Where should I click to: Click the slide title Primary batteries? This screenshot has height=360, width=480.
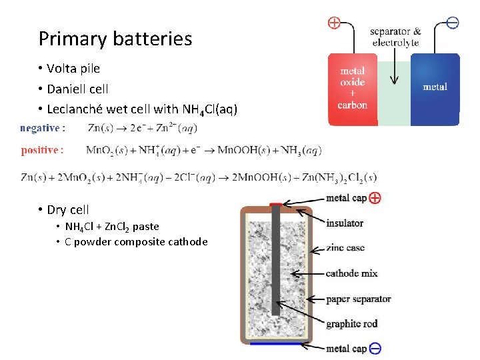pos(115,39)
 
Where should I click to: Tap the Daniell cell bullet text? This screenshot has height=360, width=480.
pos(77,89)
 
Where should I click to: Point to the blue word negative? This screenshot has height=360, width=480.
pos(43,127)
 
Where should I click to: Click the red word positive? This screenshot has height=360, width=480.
pos(42,150)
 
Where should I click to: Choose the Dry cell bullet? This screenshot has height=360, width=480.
pos(67,210)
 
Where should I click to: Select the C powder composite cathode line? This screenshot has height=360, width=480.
pos(136,241)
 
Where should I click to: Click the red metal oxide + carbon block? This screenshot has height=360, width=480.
pos(353,89)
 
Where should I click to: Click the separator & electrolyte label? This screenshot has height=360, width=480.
pos(396,37)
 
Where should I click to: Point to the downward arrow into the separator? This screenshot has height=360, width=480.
pos(394,70)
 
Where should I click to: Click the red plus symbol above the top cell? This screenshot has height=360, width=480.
pos(333,23)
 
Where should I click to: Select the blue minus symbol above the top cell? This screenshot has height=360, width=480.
pos(452,23)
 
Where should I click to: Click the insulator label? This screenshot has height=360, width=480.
pos(345,223)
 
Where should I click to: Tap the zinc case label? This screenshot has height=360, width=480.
pos(345,248)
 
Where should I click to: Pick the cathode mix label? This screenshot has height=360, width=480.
pos(351,273)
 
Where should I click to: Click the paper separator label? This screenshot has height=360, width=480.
pos(358,299)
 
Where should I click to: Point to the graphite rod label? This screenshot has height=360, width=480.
pos(351,324)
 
